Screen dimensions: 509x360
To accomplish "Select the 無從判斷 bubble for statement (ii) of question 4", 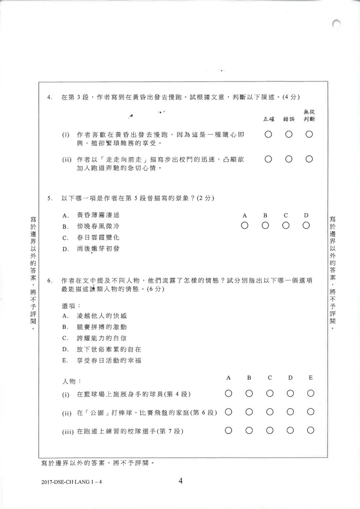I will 309,158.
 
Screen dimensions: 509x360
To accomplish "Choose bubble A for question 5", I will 244,225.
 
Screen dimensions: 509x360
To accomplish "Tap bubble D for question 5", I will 306,225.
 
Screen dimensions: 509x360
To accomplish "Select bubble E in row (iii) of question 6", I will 311,430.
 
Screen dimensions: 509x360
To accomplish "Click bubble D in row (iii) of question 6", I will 290,430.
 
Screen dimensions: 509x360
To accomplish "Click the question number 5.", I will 49,198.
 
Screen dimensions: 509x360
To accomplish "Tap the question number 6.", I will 49,281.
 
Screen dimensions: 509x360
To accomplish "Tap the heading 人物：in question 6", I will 72,382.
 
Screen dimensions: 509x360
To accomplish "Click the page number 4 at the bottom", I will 180,481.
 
